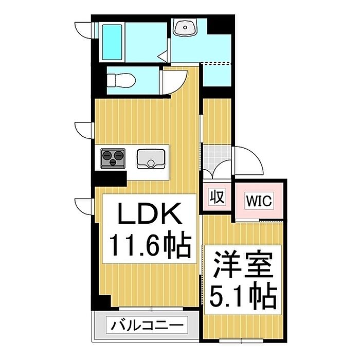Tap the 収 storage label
[217, 196]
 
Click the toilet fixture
[121, 80]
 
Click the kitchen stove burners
[113, 157]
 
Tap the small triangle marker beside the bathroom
[161, 55]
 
